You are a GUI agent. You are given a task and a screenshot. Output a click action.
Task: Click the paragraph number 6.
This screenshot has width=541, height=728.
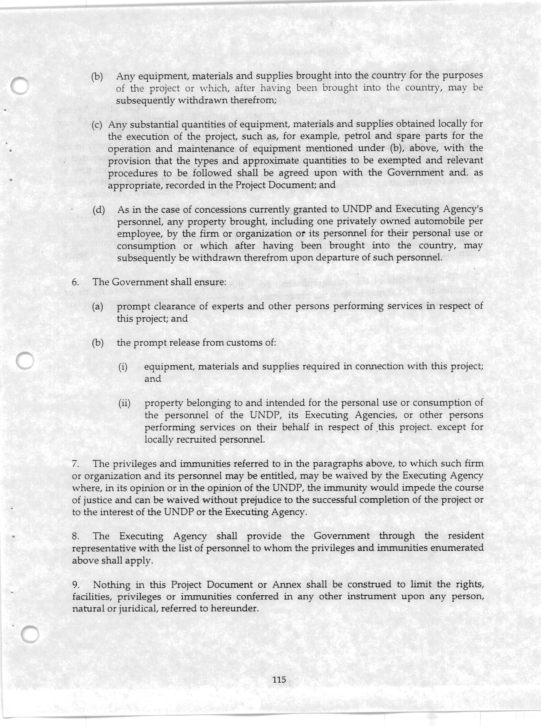tap(75, 282)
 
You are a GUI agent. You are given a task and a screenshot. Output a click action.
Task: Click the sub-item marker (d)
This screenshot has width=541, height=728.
tap(98, 209)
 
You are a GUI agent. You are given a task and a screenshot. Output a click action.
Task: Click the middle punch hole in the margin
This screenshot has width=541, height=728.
tap(25, 360)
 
